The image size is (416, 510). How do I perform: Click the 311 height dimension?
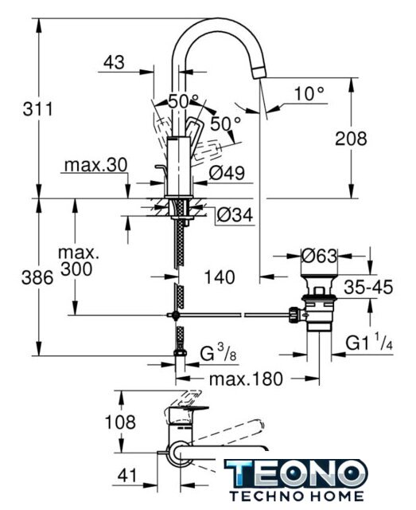tap(37, 108)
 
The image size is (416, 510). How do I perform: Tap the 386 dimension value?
tap(37, 278)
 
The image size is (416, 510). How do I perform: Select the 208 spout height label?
tap(351, 139)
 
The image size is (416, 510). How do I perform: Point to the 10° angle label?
tap(309, 94)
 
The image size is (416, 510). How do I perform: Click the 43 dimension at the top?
tap(114, 62)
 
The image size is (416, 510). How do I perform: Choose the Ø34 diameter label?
tap(235, 215)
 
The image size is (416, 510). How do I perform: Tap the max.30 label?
tap(95, 165)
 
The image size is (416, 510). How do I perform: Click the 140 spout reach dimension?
tap(220, 277)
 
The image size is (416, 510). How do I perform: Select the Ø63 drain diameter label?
tap(319, 256)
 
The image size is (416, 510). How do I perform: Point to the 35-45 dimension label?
tap(368, 287)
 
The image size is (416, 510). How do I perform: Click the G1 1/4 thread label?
tap(369, 343)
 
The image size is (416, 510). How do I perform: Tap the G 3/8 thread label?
tap(218, 353)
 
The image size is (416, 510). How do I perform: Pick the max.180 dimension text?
tap(246, 379)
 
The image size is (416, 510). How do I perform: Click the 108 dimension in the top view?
tap(120, 422)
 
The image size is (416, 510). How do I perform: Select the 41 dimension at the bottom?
tap(127, 476)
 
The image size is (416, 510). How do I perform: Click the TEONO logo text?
tap(296, 473)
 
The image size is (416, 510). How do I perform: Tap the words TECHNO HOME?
tap(297, 496)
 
